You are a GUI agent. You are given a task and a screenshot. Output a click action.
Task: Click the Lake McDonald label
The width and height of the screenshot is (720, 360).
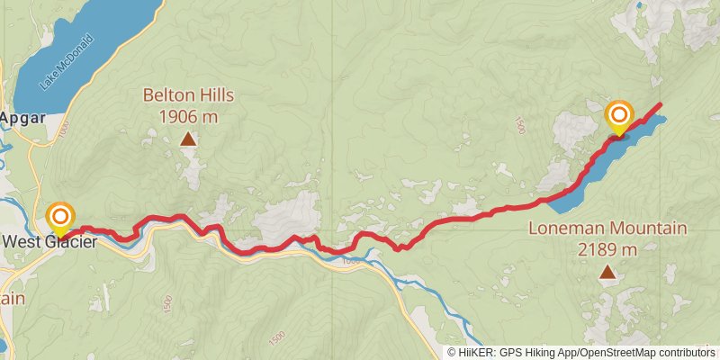coord(67,62)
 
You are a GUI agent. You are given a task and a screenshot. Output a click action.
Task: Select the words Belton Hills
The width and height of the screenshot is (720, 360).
coord(187,94)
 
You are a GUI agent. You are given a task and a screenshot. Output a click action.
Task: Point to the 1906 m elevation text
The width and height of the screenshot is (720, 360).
coord(187,116)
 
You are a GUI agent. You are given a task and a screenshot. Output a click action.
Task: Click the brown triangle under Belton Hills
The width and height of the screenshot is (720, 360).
coord(187,139)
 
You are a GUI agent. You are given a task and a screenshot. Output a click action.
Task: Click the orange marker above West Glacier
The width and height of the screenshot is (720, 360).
coord(60,218)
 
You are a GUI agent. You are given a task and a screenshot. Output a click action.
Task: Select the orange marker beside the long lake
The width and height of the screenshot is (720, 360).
coord(619,117)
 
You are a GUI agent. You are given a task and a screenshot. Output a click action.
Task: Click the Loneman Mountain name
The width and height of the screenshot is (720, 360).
coord(608,229)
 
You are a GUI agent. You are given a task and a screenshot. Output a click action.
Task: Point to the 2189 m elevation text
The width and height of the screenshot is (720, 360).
coord(608,249)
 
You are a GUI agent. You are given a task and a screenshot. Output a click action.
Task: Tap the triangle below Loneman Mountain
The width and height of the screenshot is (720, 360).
coord(608,272)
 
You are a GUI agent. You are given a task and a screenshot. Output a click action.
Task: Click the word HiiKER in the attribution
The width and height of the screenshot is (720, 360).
coord(477,353)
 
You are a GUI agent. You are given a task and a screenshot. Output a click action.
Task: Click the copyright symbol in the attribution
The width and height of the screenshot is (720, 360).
coord(451,353)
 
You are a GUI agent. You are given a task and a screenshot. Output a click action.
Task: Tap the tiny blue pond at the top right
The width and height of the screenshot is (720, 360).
coord(639,5)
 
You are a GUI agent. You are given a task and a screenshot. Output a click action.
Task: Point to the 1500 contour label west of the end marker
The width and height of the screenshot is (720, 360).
coord(518,127)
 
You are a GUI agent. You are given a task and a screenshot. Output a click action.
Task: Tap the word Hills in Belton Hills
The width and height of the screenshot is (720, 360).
coord(213,94)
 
